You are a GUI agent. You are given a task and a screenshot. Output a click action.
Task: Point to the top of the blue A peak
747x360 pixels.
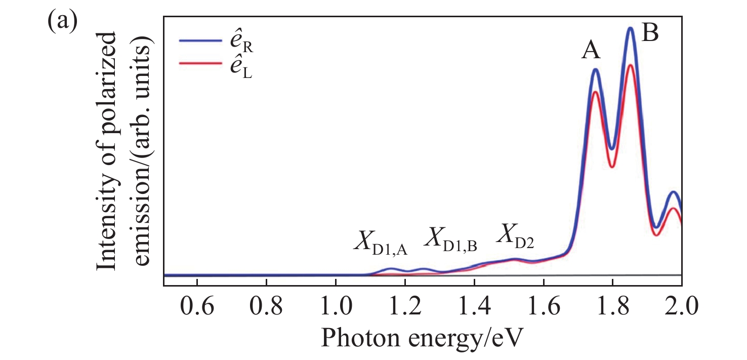click(x=595, y=69)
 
